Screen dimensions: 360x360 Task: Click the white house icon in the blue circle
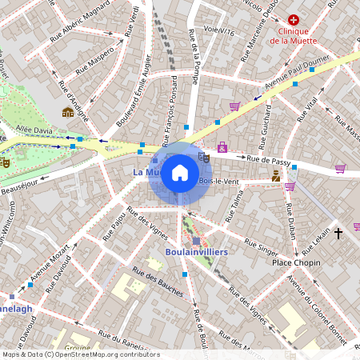[x=180, y=173]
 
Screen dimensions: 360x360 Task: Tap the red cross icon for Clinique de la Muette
[x=294, y=18]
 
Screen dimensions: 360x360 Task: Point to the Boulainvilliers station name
[x=196, y=252]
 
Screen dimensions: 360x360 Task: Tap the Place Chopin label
[x=295, y=262]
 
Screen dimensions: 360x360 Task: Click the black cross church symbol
[x=338, y=233]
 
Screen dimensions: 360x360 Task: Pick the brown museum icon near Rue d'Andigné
[x=68, y=112]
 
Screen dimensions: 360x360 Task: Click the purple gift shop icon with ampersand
[x=222, y=147]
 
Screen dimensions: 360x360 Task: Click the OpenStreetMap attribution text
[x=82, y=354]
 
